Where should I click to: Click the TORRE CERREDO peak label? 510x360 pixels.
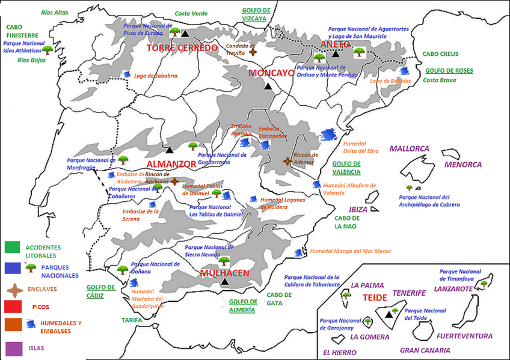[x=181, y=48]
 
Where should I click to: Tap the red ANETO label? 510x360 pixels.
[x=335, y=44]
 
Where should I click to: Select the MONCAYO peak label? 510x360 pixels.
[x=271, y=73]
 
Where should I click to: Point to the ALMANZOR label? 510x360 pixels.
[x=171, y=163]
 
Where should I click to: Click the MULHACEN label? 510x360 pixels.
[x=224, y=272]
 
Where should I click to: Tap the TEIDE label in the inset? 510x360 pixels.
[x=375, y=297]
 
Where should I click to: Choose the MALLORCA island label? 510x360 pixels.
[x=409, y=148]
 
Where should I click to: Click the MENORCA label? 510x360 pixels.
[x=462, y=164]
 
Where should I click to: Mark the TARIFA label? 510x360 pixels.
[x=132, y=320]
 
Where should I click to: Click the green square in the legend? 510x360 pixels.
[x=13, y=247]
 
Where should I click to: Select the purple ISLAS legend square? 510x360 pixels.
[x=13, y=348]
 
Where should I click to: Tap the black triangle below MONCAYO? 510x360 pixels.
[x=269, y=87]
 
